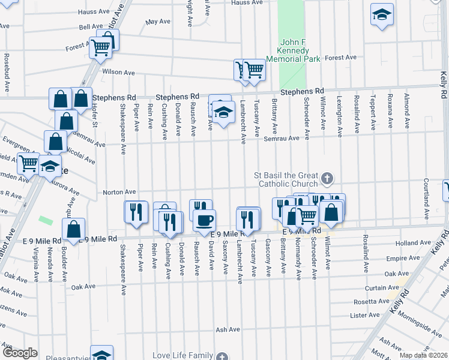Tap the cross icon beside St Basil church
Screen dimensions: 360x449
click(x=327, y=178)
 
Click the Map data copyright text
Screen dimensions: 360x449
click(x=423, y=355)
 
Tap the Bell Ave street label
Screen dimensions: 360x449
click(x=91, y=27)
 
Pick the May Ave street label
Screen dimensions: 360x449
click(x=158, y=22)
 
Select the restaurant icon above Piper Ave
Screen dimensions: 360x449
click(x=136, y=212)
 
